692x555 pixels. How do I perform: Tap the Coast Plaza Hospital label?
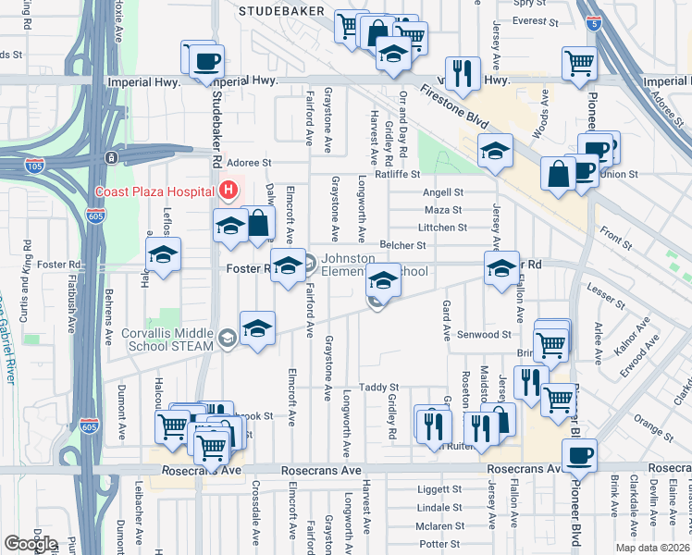(154, 192)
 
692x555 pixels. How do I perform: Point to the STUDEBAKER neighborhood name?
(281, 11)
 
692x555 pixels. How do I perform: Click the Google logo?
(31, 544)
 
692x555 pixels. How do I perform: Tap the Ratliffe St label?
(397, 174)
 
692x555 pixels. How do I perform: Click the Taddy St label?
(378, 388)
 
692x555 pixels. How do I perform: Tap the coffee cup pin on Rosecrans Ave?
(579, 455)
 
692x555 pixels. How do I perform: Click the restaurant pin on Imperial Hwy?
(462, 73)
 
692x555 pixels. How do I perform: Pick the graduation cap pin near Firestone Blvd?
(495, 152)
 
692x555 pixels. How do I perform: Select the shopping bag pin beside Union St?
(560, 175)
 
